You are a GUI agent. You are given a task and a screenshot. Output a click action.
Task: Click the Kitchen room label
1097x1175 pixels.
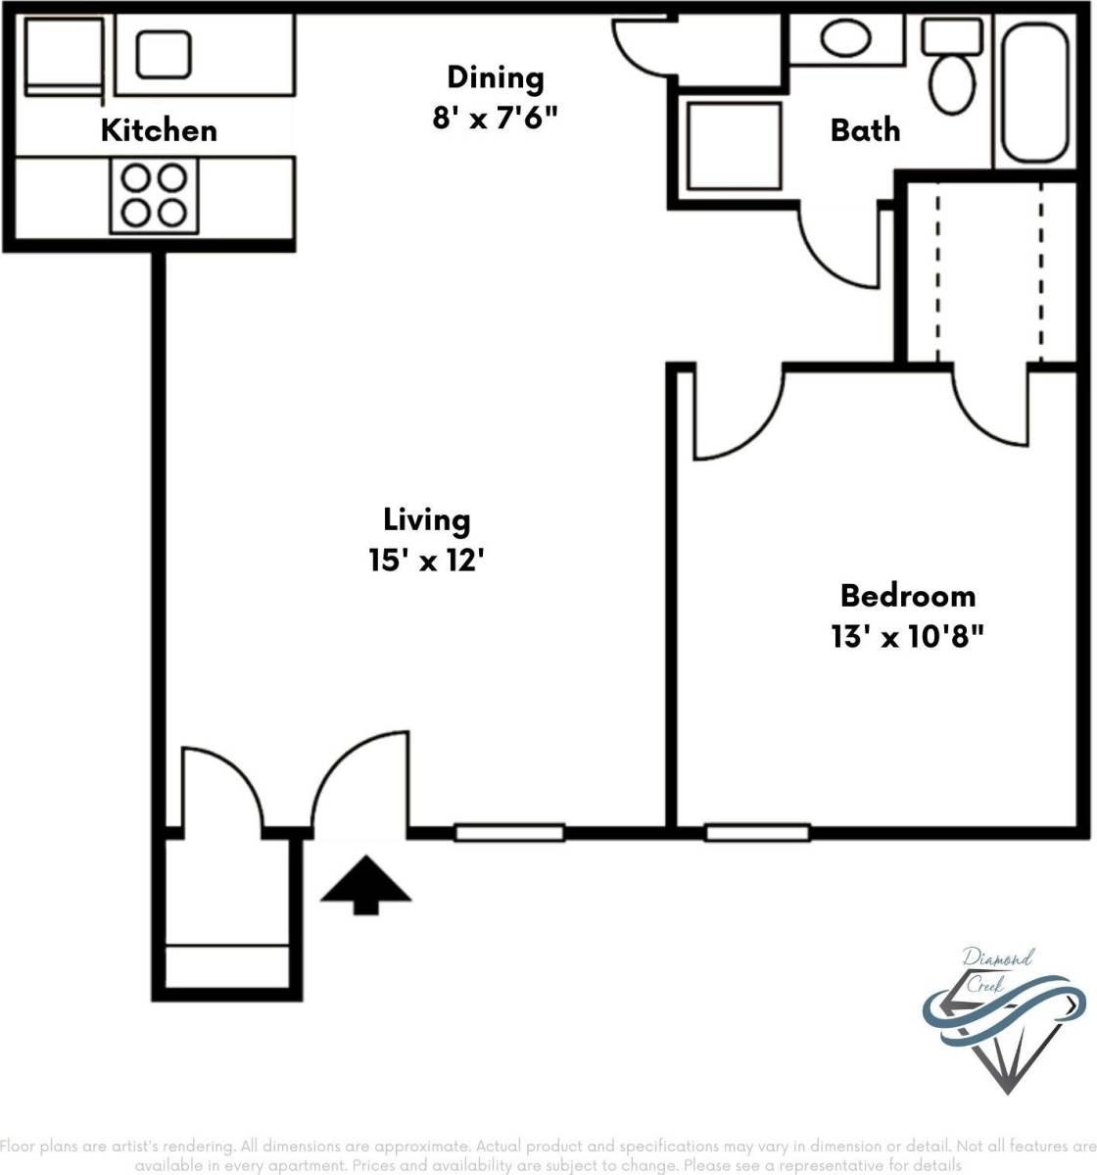(159, 130)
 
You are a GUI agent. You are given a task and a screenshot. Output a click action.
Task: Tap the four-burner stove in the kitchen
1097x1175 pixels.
(155, 195)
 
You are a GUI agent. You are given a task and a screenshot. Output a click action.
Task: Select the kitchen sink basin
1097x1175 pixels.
(164, 54)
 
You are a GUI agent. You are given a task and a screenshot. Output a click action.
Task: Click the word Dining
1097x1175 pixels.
(495, 77)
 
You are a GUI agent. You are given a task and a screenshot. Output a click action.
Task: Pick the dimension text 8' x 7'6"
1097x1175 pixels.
(495, 118)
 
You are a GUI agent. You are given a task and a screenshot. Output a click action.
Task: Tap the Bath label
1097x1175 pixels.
(865, 130)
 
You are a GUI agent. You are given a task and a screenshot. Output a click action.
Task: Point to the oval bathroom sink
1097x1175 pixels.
(845, 39)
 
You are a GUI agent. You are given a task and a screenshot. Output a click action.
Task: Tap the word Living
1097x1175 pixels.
(426, 519)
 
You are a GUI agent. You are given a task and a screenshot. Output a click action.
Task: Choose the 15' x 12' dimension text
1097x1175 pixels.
(427, 561)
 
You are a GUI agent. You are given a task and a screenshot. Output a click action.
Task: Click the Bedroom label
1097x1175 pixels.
(908, 596)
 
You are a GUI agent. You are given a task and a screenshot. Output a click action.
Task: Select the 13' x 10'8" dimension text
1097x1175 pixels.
(907, 637)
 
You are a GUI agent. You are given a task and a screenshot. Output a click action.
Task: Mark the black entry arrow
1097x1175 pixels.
(365, 885)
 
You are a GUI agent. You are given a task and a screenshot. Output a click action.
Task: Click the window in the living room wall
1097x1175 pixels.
(509, 833)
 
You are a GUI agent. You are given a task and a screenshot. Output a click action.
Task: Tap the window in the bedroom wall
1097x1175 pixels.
(757, 833)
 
